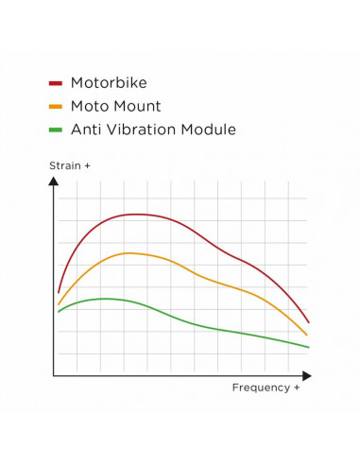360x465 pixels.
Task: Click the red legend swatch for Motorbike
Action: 55,84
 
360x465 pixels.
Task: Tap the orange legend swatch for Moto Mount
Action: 55,107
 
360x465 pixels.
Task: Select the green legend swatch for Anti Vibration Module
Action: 55,129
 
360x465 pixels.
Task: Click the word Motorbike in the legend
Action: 108,83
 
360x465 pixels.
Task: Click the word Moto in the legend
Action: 91,106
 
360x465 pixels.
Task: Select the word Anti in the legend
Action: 86,129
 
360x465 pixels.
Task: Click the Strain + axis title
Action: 70,166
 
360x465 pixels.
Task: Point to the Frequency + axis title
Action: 266,387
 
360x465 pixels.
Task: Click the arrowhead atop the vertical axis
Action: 54,181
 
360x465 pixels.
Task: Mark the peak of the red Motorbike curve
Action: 138,215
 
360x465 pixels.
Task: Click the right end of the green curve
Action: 309,347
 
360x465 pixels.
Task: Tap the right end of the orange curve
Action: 307,335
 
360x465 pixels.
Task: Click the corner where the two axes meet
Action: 54,375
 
